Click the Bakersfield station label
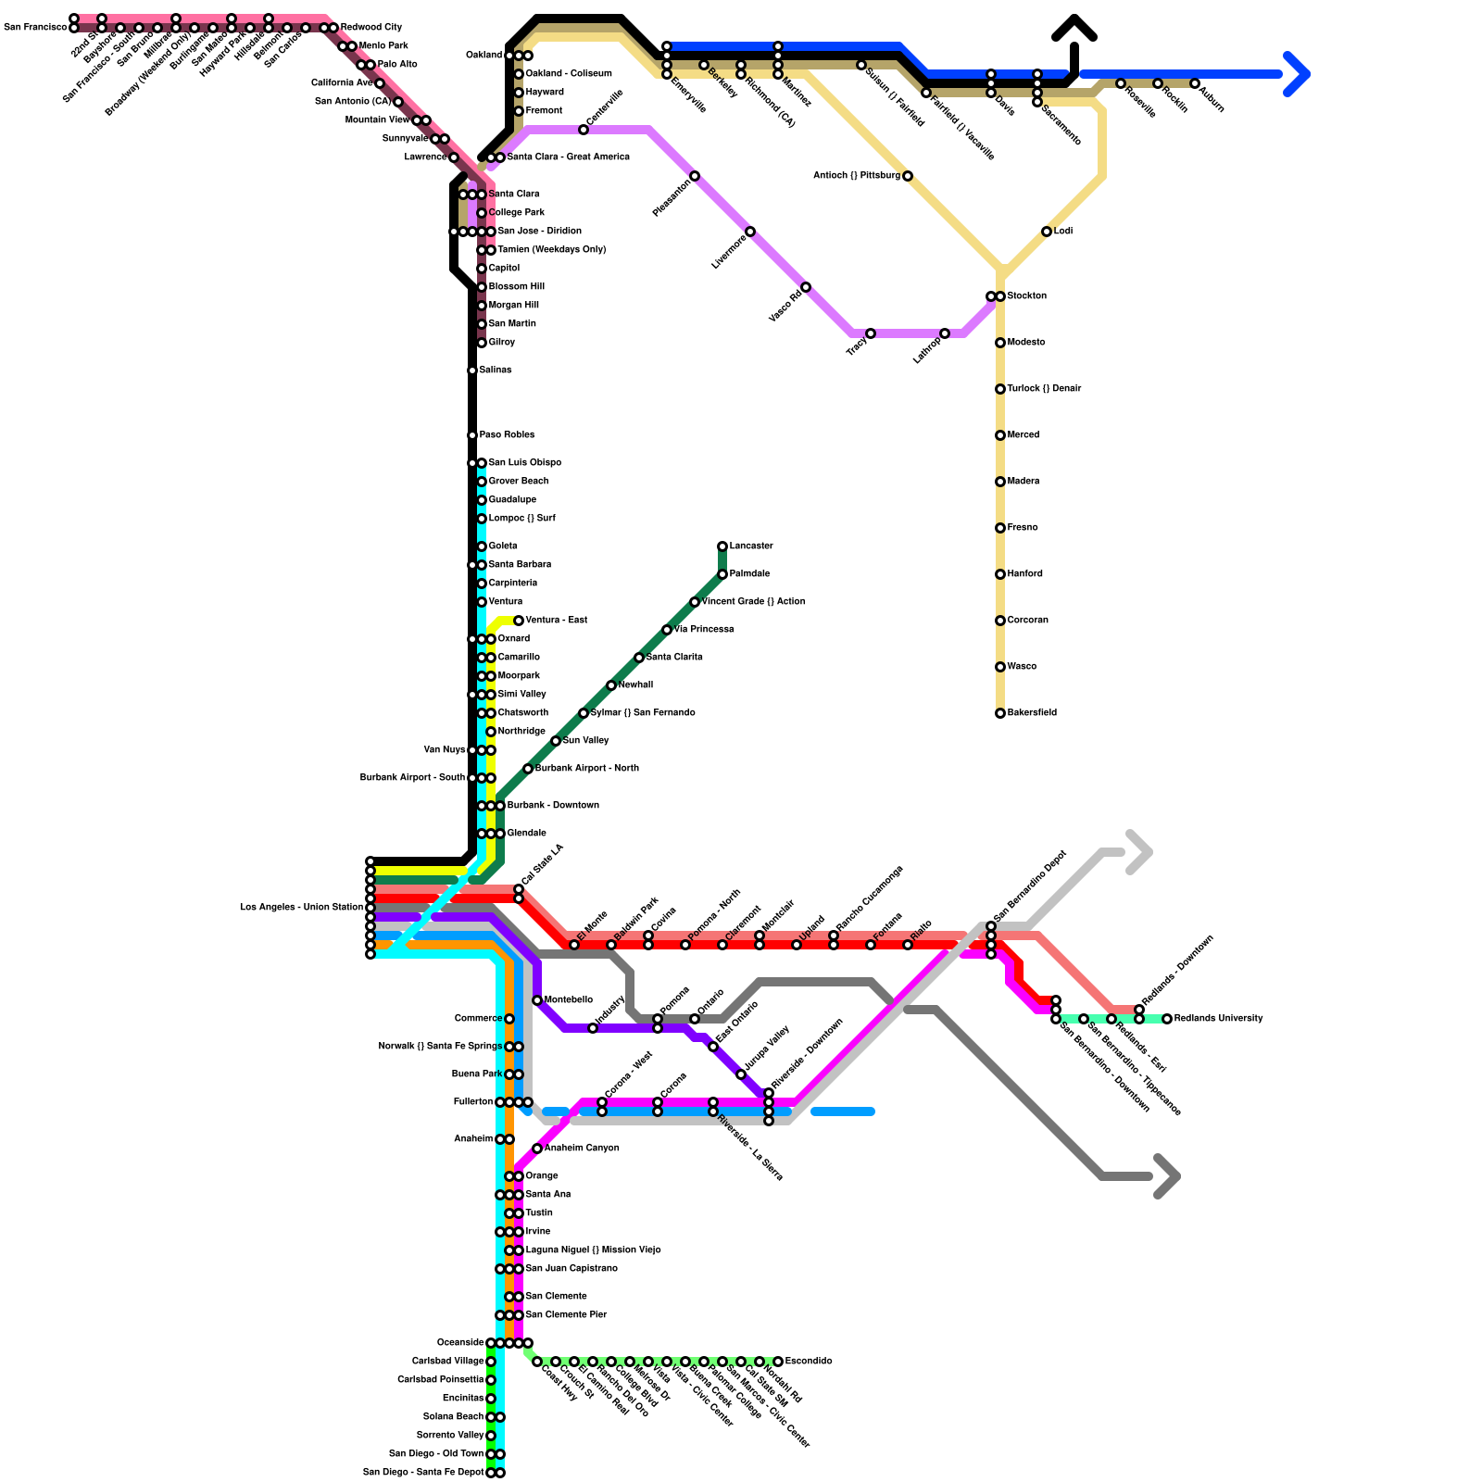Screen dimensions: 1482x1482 [x=1032, y=713]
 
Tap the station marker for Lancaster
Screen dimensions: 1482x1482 [x=722, y=546]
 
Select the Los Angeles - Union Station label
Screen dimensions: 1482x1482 [x=301, y=908]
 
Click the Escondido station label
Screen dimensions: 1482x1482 [x=809, y=1362]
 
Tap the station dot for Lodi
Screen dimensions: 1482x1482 [x=1047, y=232]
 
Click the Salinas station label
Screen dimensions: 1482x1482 [x=496, y=370]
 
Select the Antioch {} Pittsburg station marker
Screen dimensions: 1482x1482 [x=908, y=176]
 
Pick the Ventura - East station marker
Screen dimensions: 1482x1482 [x=519, y=621]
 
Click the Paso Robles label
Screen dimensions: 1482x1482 [x=507, y=435]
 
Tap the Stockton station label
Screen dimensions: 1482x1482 [x=1027, y=296]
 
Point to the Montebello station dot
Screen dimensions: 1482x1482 [x=537, y=1000]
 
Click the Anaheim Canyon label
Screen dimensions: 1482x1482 [x=582, y=1149]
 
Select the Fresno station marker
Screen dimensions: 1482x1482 [x=1000, y=528]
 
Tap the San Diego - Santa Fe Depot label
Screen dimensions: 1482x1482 [x=423, y=1473]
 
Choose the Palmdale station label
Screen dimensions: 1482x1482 [x=749, y=574]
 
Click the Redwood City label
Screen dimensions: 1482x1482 [x=371, y=28]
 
